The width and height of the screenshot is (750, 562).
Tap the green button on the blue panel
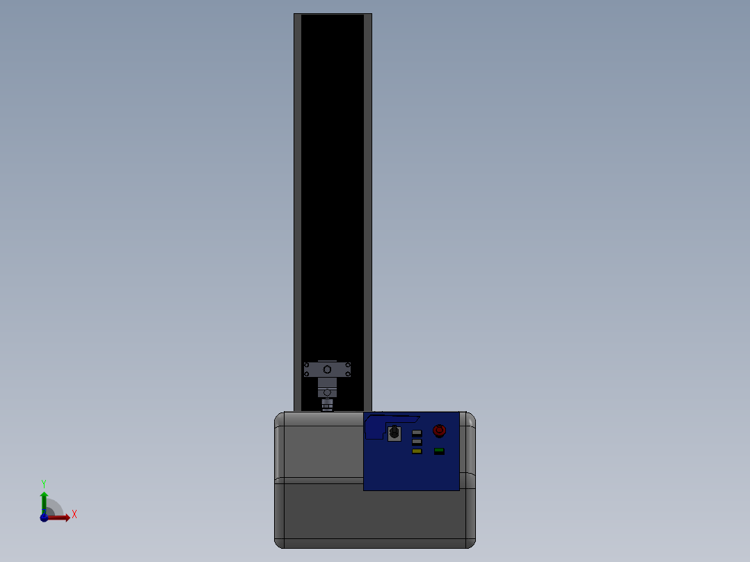[x=439, y=451]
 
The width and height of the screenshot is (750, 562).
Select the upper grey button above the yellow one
[x=417, y=433]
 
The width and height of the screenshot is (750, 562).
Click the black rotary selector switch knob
[x=394, y=433]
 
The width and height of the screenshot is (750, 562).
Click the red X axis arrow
[x=61, y=517]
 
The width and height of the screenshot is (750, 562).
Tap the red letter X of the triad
[x=74, y=515]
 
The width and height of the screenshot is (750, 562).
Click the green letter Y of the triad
[x=43, y=483]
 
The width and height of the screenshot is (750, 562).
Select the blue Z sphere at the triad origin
[x=44, y=517]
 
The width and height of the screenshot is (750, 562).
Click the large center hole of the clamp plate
[x=327, y=369]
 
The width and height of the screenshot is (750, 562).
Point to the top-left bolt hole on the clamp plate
[x=308, y=364]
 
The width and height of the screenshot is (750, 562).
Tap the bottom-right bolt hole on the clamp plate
[x=346, y=374]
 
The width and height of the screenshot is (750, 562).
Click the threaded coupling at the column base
[x=327, y=405]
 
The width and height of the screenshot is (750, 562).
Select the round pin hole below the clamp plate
[x=327, y=392]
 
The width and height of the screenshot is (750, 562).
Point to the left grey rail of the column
[x=297, y=209]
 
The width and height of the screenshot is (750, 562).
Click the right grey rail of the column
[x=368, y=209]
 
